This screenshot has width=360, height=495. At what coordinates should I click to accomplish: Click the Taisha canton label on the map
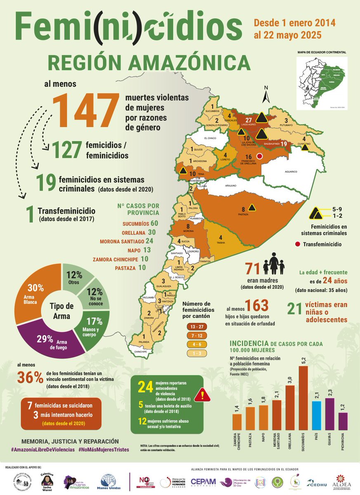[220, 243]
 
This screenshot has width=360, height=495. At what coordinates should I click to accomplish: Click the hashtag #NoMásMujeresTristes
[104, 449]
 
